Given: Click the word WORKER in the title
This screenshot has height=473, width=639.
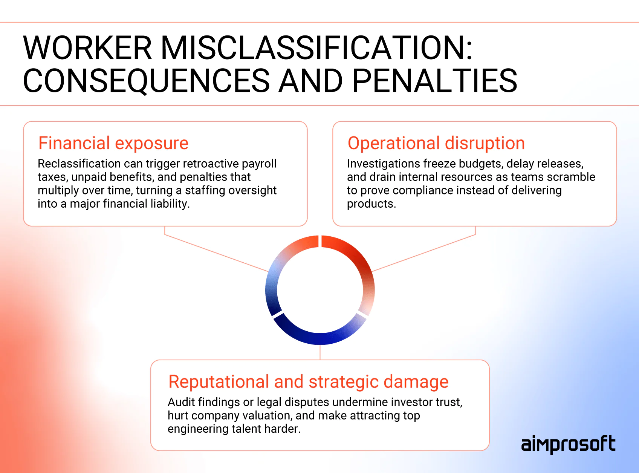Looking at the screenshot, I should click(x=87, y=48).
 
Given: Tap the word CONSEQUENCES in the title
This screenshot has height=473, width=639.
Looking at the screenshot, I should click(x=146, y=81).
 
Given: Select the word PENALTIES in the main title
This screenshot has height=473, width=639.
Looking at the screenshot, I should click(x=434, y=81).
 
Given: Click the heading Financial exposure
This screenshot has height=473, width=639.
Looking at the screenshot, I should click(x=113, y=143).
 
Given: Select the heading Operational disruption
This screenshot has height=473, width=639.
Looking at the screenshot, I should click(x=436, y=143).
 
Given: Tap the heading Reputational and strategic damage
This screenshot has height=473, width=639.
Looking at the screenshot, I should click(x=308, y=382).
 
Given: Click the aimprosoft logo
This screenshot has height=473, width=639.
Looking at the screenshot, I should click(x=568, y=444).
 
